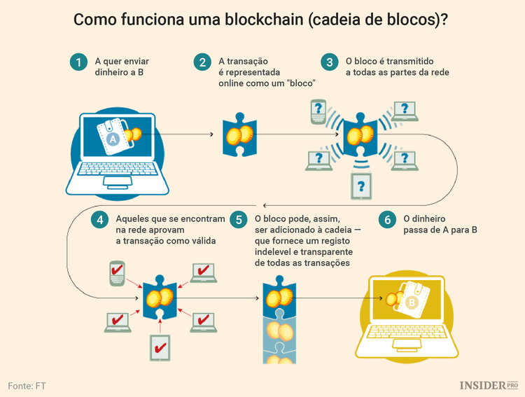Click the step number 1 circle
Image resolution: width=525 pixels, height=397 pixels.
[79, 62]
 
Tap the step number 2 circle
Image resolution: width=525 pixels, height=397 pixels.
[203, 62]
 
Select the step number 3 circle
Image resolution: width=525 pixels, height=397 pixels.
[329, 62]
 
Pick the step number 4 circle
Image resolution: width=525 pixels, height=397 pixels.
[100, 219]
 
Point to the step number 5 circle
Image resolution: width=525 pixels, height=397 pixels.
[239, 219]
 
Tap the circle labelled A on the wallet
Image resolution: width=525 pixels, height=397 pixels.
[113, 140]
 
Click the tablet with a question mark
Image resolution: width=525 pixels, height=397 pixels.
[361, 186]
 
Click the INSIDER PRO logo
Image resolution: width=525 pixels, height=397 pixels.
[489, 385]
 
